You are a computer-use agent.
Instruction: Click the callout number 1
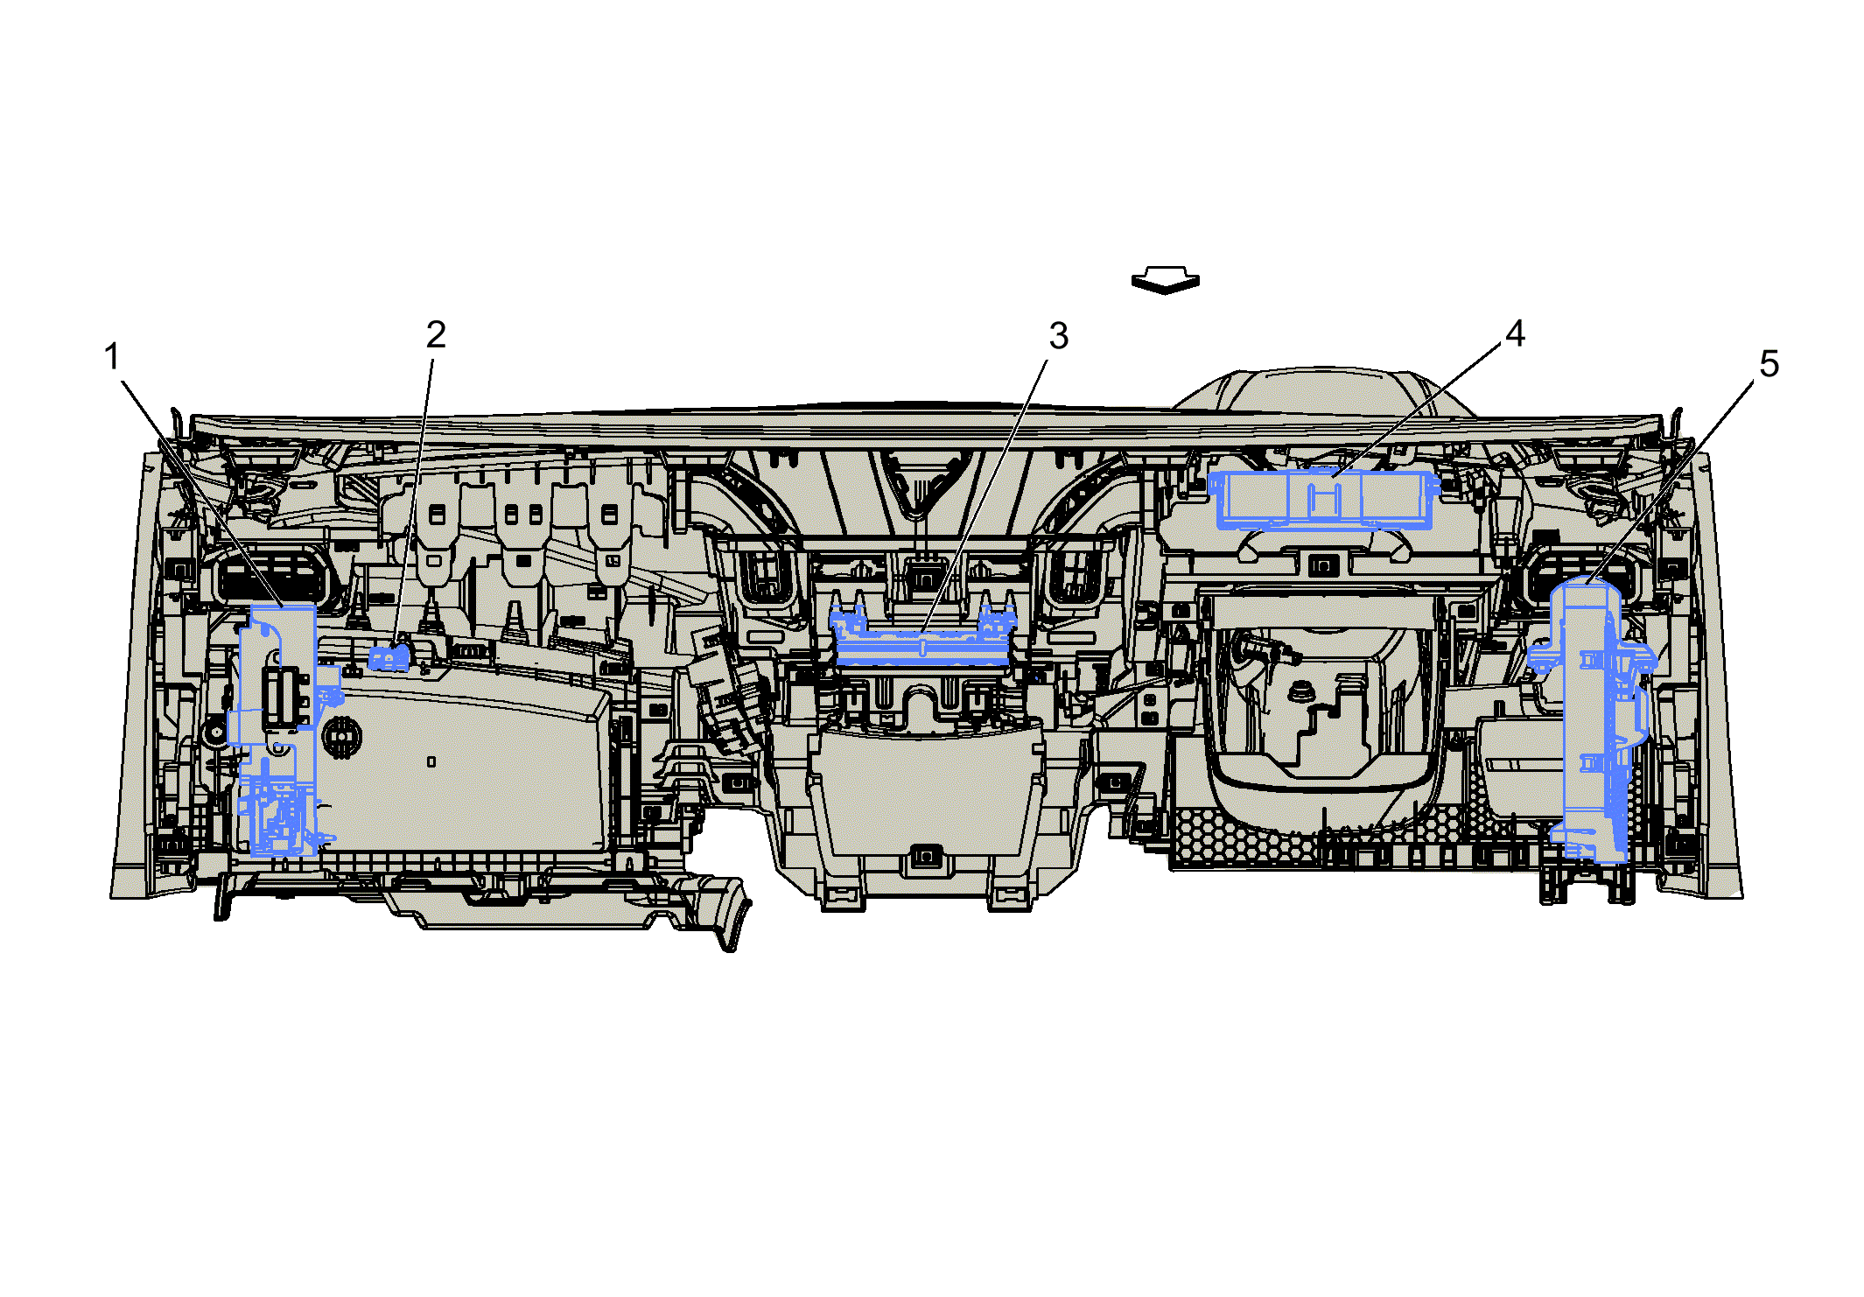(x=111, y=356)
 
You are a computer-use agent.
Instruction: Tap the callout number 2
(x=436, y=334)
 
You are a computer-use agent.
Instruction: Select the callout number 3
(x=1059, y=336)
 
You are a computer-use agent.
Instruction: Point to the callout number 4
(x=1515, y=333)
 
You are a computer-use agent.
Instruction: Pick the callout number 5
(x=1769, y=364)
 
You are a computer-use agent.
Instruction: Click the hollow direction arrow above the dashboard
(x=1165, y=280)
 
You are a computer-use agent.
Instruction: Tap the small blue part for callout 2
(x=389, y=657)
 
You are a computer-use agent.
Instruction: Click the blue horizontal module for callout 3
(x=922, y=636)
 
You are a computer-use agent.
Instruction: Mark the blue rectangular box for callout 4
(x=1323, y=500)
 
